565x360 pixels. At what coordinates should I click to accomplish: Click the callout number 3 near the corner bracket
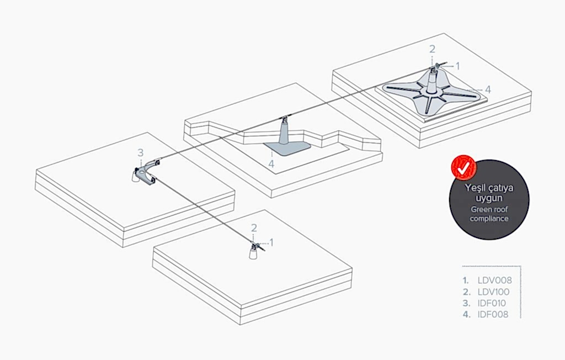[140, 152]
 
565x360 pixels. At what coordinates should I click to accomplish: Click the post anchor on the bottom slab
[254, 252]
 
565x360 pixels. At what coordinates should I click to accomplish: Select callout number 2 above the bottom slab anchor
[254, 227]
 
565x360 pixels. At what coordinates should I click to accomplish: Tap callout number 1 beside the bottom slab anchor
[271, 242]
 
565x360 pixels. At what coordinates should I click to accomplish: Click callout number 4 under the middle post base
[271, 163]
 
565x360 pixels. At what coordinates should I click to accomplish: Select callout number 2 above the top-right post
[433, 50]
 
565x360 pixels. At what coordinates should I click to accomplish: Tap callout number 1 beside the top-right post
[457, 66]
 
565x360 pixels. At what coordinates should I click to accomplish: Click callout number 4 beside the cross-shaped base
[488, 88]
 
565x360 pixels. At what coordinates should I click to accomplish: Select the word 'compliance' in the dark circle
[489, 219]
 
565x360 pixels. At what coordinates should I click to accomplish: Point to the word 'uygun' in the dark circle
[489, 198]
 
